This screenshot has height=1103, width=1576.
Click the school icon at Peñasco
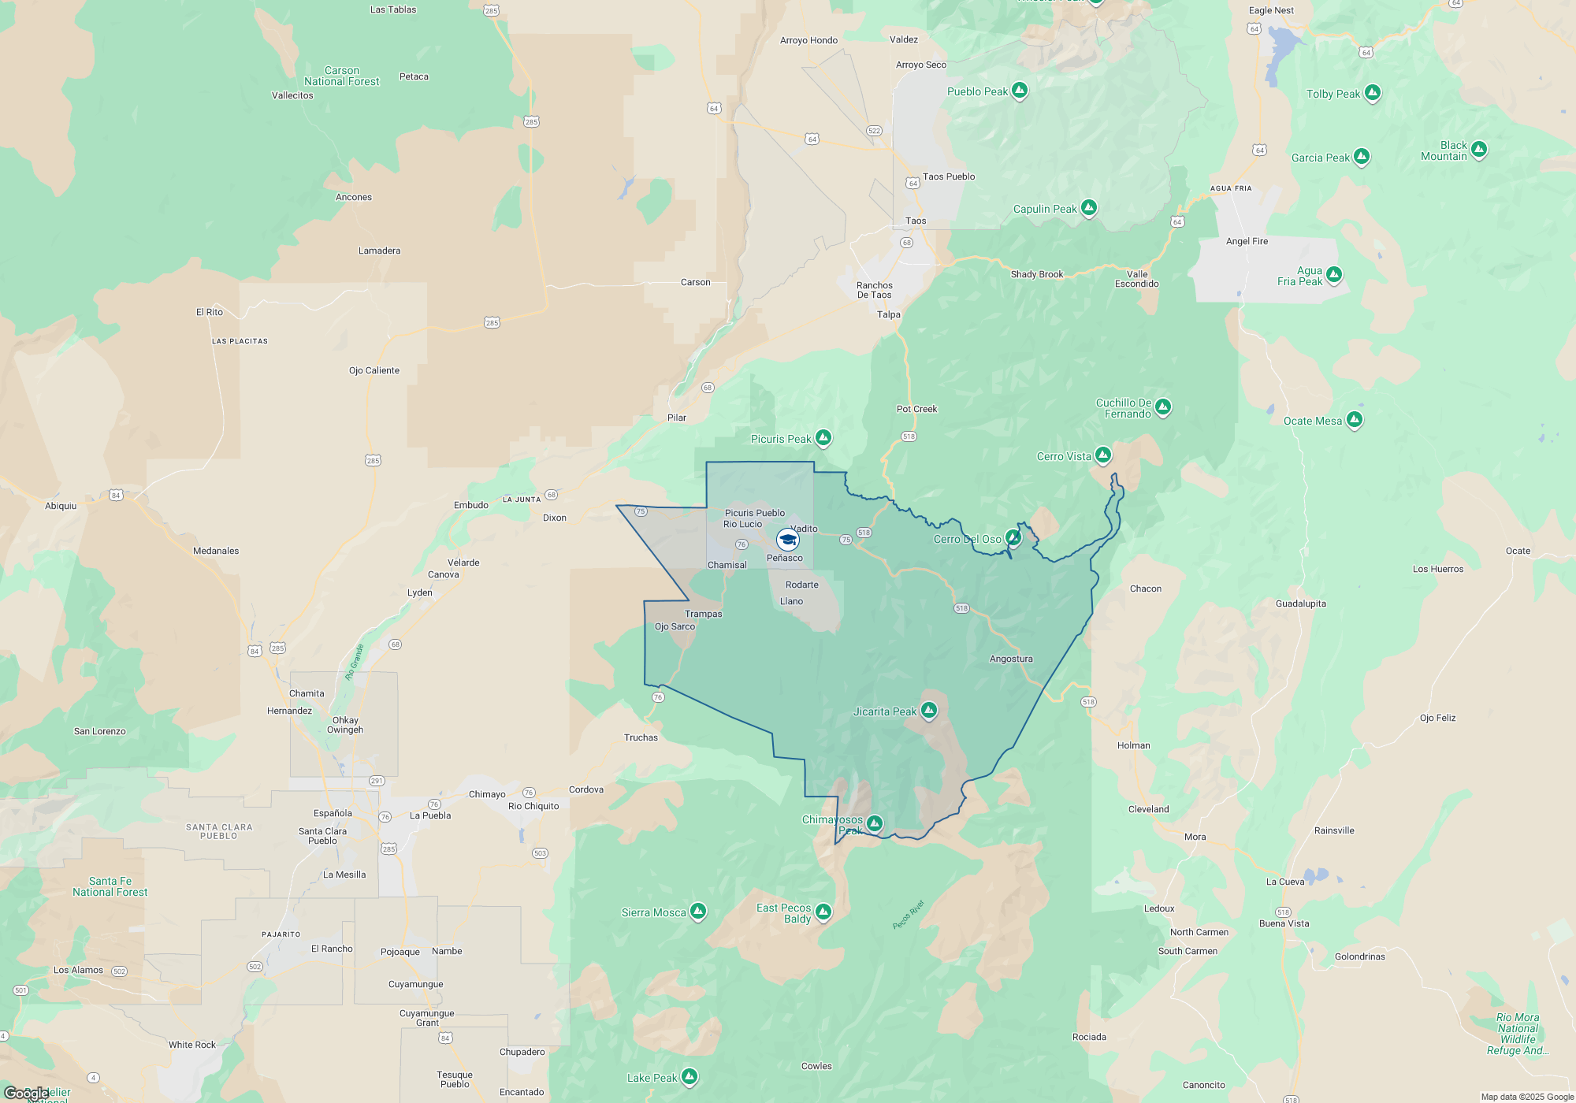pyautogui.click(x=787, y=540)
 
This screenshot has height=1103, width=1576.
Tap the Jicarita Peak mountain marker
pyautogui.click(x=929, y=711)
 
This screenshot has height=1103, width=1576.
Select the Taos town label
pyautogui.click(x=916, y=221)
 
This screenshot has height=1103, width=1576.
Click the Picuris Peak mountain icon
pyautogui.click(x=823, y=437)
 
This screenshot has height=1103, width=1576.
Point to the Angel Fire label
pyautogui.click(x=1247, y=241)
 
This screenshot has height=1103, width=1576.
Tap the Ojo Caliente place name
pyautogui.click(x=374, y=370)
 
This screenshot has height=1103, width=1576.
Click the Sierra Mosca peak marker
pyautogui.click(x=697, y=912)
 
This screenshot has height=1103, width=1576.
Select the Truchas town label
pyautogui.click(x=641, y=737)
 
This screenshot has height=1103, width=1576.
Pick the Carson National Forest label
pyautogui.click(x=342, y=76)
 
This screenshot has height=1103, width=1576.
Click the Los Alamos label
pyautogui.click(x=78, y=970)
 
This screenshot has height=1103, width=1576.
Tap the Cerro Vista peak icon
pyautogui.click(x=1103, y=455)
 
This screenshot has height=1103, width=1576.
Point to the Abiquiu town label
pyautogui.click(x=61, y=506)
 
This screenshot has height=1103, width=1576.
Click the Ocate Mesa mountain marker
pyautogui.click(x=1355, y=419)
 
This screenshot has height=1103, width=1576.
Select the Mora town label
pyautogui.click(x=1195, y=837)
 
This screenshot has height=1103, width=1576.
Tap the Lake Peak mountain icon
pyautogui.click(x=689, y=1076)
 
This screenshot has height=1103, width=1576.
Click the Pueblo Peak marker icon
pyautogui.click(x=1020, y=90)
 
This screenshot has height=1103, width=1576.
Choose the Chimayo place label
pyautogui.click(x=487, y=794)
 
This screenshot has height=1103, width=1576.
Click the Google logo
pyautogui.click(x=26, y=1093)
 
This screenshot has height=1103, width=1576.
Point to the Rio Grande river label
pyautogui.click(x=355, y=662)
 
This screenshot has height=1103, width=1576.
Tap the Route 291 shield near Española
pyautogui.click(x=377, y=781)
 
